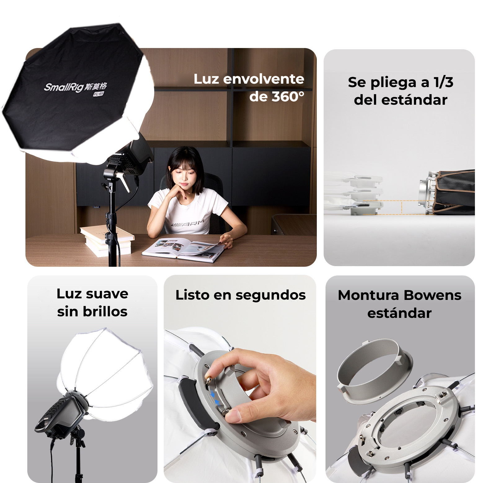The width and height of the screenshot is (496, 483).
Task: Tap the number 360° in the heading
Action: pyautogui.click(x=288, y=97)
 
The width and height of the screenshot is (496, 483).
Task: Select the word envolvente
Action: pyautogui.click(x=263, y=79)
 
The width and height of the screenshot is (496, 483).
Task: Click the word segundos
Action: pyautogui.click(x=271, y=295)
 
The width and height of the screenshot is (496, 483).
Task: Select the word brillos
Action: pyautogui.click(x=105, y=311)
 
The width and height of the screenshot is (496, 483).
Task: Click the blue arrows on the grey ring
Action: pyautogui.click(x=215, y=398)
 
